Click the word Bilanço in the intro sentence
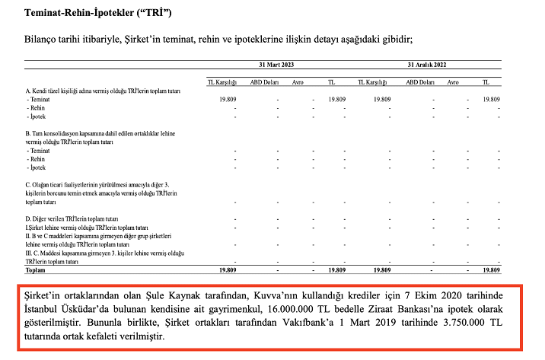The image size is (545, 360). pos(46,40)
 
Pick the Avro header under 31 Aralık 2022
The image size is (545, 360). pos(454,82)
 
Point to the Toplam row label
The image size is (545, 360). pos(36,270)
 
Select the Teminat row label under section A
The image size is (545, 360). pos(39,100)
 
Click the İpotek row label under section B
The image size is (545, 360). pos(37,167)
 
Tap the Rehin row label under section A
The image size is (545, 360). pos(37,108)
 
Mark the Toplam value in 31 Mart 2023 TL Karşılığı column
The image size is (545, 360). pos(225,270)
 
